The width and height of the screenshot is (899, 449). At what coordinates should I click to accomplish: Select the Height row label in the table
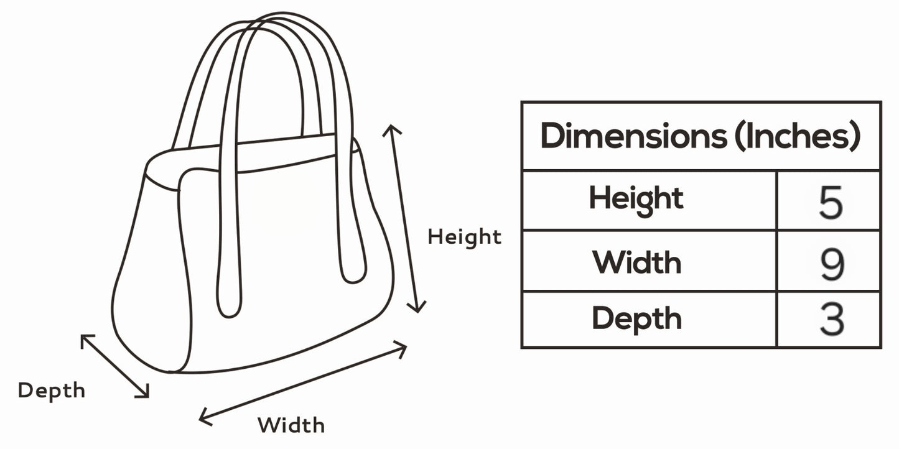click(x=636, y=200)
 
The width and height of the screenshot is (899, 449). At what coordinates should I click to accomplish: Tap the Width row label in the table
click(x=636, y=262)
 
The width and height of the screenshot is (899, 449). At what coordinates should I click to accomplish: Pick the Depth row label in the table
click(x=636, y=318)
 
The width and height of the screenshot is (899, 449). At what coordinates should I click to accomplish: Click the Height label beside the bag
click(x=464, y=237)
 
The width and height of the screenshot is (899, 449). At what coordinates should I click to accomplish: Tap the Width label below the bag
click(x=291, y=425)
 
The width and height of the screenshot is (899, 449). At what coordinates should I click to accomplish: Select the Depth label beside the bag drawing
click(x=52, y=391)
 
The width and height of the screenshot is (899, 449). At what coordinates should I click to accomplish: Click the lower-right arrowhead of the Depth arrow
click(x=146, y=394)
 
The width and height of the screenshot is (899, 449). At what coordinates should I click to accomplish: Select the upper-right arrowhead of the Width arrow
click(x=403, y=347)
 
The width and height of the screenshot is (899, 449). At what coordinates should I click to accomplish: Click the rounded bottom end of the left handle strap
click(x=228, y=309)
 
